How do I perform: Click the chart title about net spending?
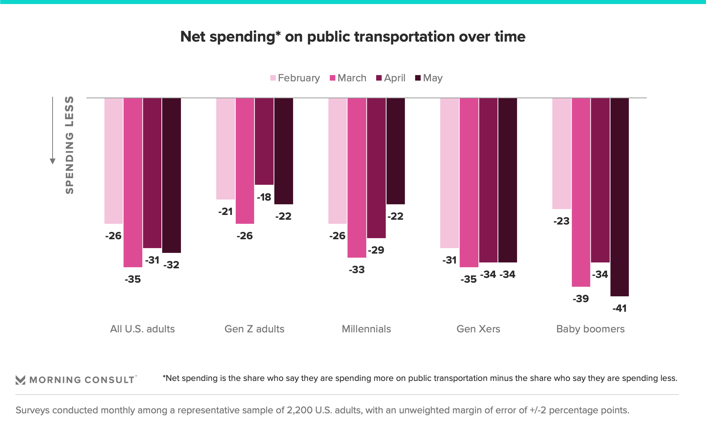(x=353, y=37)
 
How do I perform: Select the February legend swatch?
(x=273, y=78)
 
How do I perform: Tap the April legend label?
(x=395, y=78)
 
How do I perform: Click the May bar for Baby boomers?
(x=620, y=197)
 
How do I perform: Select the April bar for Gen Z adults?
(x=264, y=141)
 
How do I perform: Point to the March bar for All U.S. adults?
(x=133, y=182)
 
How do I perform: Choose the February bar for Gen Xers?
(x=449, y=173)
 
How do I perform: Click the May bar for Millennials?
(x=395, y=151)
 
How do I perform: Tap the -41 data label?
(x=620, y=308)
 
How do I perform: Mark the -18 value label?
(x=264, y=197)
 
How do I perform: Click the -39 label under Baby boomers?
(x=581, y=299)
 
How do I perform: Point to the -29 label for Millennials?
(x=376, y=250)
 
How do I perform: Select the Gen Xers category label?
(x=478, y=329)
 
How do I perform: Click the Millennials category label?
(x=366, y=329)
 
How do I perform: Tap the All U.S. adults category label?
(x=142, y=329)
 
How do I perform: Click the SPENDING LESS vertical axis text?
(x=69, y=145)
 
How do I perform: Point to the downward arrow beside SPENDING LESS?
(x=53, y=161)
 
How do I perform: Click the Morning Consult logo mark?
(x=21, y=380)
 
